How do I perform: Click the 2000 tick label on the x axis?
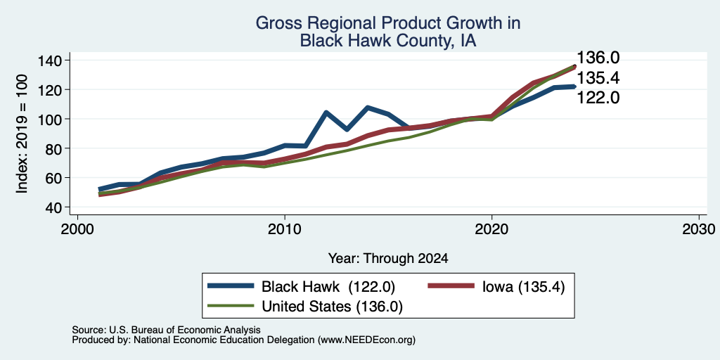coord(77,229)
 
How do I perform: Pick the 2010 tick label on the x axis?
coord(285,229)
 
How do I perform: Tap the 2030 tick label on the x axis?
coord(699,229)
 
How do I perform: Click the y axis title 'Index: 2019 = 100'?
coord(22,134)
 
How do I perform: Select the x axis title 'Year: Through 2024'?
coord(388,259)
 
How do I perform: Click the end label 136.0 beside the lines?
coord(598,58)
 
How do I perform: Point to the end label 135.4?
coord(598,78)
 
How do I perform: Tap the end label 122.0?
coord(598,97)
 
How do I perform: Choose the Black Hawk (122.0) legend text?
coord(328,287)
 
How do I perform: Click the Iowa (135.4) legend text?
coord(523,287)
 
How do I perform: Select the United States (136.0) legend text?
coord(332,307)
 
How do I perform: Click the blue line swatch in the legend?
coord(231,286)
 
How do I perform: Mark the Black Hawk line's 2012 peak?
coord(326,112)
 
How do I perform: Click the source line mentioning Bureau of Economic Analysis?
coord(166,330)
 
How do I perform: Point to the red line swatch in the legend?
coord(451,286)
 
